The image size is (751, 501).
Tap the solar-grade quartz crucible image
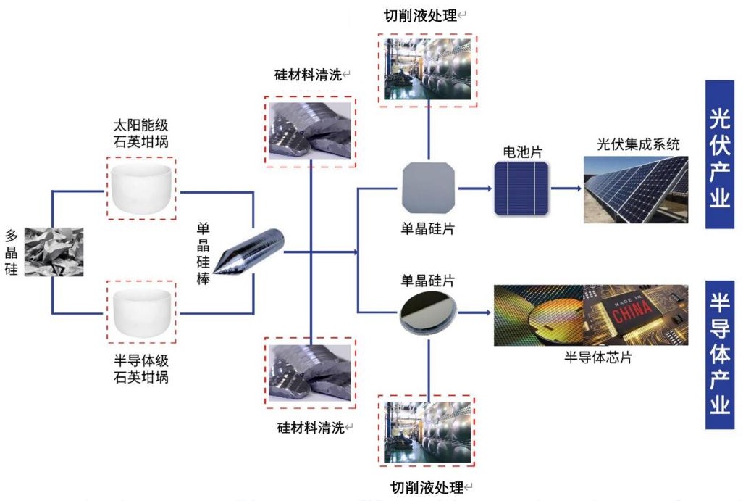140,188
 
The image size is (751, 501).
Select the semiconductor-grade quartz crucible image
140,312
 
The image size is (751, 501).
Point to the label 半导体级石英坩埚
140,368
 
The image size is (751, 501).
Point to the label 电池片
522,152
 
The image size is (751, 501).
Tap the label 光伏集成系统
638,144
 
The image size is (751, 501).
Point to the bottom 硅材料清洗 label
310,427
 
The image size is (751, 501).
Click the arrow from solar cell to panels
566,189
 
